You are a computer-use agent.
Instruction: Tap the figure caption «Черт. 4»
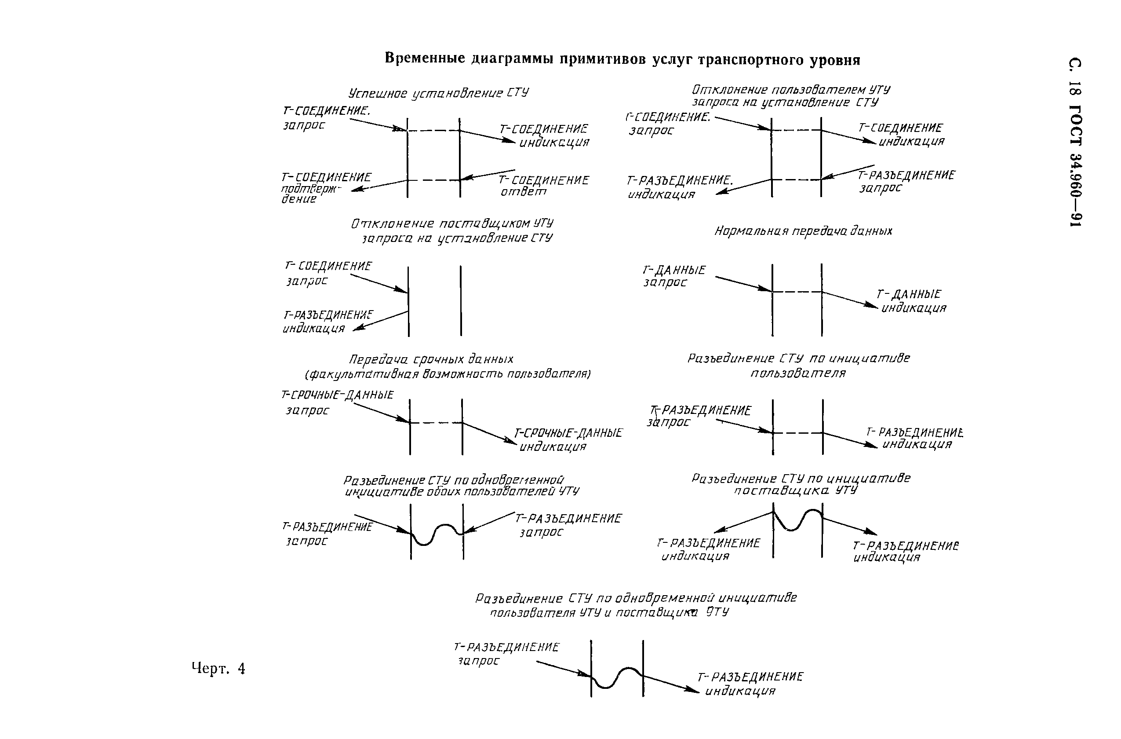point(218,668)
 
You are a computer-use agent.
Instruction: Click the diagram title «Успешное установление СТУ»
point(438,93)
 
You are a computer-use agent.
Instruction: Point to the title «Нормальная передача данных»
point(803,231)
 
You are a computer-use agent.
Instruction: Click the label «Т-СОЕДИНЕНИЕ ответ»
point(543,186)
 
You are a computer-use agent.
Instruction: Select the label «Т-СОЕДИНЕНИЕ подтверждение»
point(325,187)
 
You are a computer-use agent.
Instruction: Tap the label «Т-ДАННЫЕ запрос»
point(673,276)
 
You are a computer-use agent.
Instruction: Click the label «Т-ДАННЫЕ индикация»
point(911,301)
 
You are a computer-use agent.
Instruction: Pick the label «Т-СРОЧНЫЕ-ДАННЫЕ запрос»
point(336,402)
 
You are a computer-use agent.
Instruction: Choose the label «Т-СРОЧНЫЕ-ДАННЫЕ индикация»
point(568,439)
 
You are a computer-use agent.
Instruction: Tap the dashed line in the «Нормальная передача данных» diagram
point(797,292)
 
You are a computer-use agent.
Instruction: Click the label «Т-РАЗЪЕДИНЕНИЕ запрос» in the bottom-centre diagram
point(506,654)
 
